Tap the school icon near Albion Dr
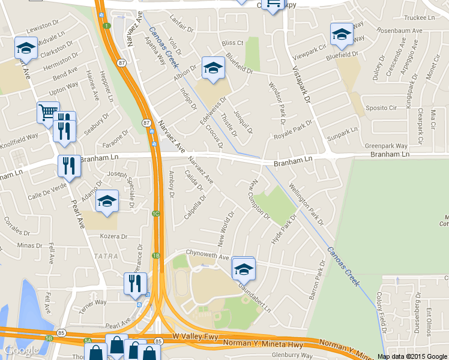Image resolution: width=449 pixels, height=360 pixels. [x=212, y=69]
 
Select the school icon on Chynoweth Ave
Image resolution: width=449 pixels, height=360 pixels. [x=244, y=269]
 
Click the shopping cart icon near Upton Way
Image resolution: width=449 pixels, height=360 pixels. [x=47, y=112]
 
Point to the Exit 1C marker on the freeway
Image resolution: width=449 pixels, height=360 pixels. [x=156, y=214]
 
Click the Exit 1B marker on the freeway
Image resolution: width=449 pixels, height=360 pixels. [x=156, y=256]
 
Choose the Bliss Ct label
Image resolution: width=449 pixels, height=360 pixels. [x=232, y=43]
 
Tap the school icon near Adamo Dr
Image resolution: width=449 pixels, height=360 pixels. [x=107, y=202]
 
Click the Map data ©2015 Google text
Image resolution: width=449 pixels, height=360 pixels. [x=412, y=356]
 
